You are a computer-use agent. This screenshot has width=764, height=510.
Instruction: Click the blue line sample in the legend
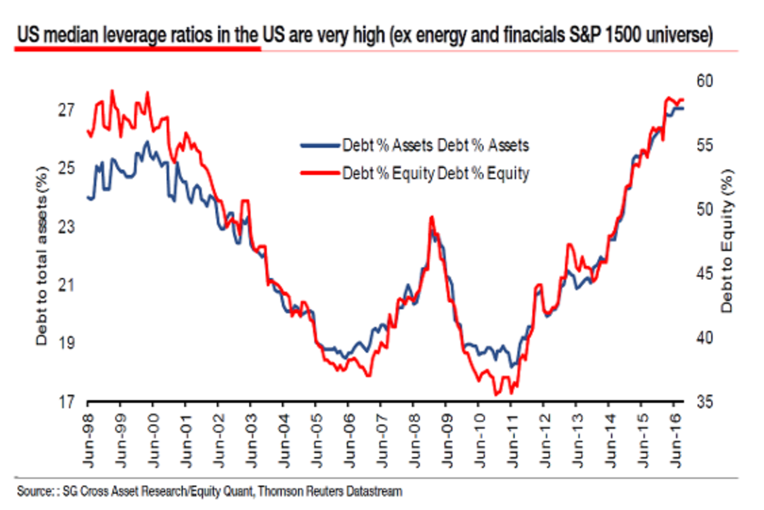[x=318, y=145]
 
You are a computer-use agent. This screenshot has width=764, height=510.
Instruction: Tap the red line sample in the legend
[x=318, y=172]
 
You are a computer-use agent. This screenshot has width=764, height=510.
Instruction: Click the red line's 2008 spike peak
[x=432, y=217]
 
